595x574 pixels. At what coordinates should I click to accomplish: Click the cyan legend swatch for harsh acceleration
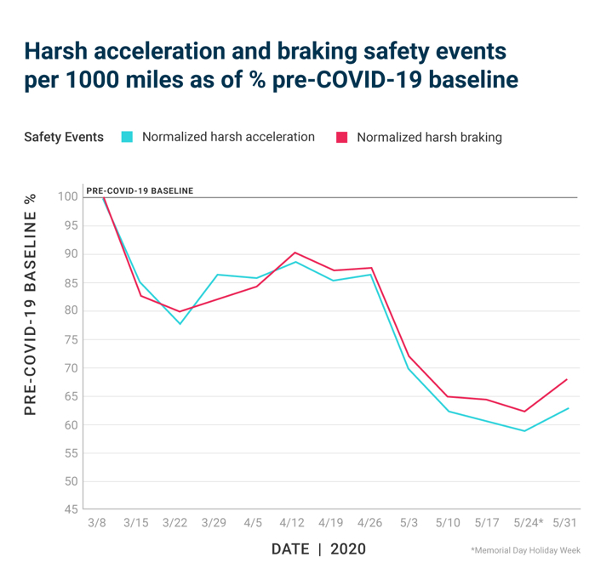click(127, 137)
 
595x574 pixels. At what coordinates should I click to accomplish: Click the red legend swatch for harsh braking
click(342, 137)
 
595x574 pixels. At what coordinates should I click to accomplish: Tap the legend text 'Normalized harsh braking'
click(429, 137)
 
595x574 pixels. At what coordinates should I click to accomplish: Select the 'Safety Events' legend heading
click(64, 137)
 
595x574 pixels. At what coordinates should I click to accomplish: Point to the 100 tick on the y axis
click(68, 196)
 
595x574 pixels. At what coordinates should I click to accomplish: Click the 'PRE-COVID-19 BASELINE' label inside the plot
click(140, 190)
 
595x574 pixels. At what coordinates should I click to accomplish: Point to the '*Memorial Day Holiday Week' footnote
click(525, 551)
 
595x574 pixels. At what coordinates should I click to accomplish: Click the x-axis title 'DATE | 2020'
click(318, 549)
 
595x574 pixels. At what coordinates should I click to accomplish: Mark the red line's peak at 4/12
click(295, 253)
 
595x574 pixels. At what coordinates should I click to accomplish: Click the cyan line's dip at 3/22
click(180, 324)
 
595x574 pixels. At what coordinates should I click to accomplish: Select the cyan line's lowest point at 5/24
click(525, 430)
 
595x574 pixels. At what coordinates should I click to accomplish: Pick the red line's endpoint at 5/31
click(567, 379)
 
